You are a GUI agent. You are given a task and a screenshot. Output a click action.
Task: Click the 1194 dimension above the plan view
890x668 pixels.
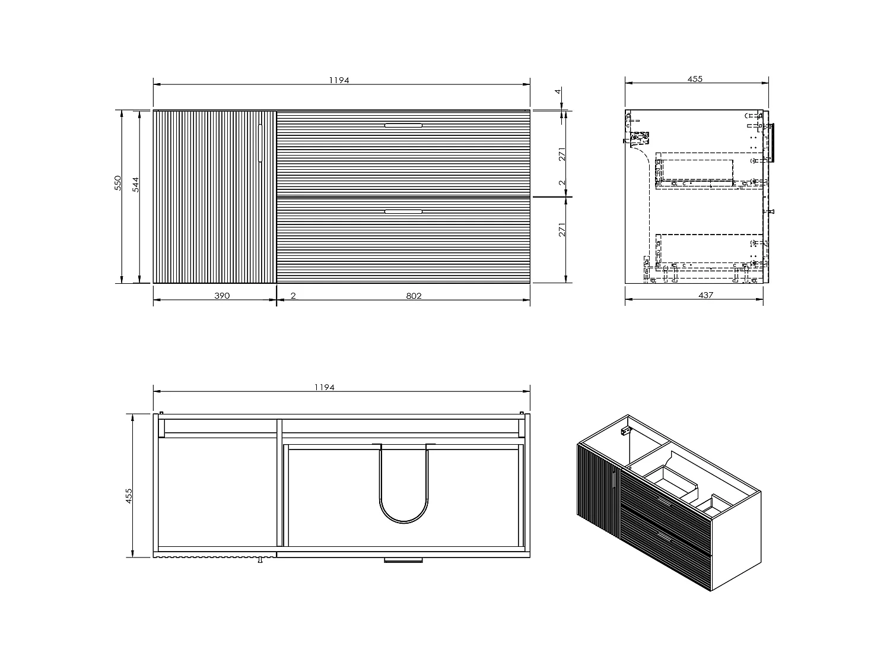(x=325, y=388)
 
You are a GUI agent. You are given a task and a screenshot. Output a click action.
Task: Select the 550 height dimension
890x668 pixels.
(x=118, y=182)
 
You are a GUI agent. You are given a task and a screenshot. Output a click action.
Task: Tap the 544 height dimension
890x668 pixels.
(x=136, y=184)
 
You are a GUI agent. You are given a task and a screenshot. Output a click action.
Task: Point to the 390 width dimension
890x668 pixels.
(x=221, y=295)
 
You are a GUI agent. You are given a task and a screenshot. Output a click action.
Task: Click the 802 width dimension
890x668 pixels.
(x=414, y=296)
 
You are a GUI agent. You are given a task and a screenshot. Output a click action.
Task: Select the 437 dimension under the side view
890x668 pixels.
(x=705, y=295)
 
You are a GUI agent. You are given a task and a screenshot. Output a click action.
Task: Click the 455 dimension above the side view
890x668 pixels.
(x=695, y=79)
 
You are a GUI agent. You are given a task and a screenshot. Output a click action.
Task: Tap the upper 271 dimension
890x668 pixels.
(x=562, y=154)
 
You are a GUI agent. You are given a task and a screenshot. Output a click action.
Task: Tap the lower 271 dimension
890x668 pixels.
(x=562, y=229)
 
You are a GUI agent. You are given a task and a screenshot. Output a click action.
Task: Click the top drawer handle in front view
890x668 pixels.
(x=403, y=125)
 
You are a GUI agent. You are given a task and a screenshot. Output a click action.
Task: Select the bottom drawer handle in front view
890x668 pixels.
(x=403, y=211)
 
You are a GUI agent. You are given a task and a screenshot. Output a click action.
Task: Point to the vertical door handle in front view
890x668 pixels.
(x=260, y=143)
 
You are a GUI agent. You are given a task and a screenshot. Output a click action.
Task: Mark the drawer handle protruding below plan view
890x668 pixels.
(x=403, y=559)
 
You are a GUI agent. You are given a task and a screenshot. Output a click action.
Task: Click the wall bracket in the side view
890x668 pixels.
(x=638, y=140)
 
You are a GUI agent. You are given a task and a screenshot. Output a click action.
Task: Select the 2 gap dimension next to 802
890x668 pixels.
(x=294, y=296)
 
